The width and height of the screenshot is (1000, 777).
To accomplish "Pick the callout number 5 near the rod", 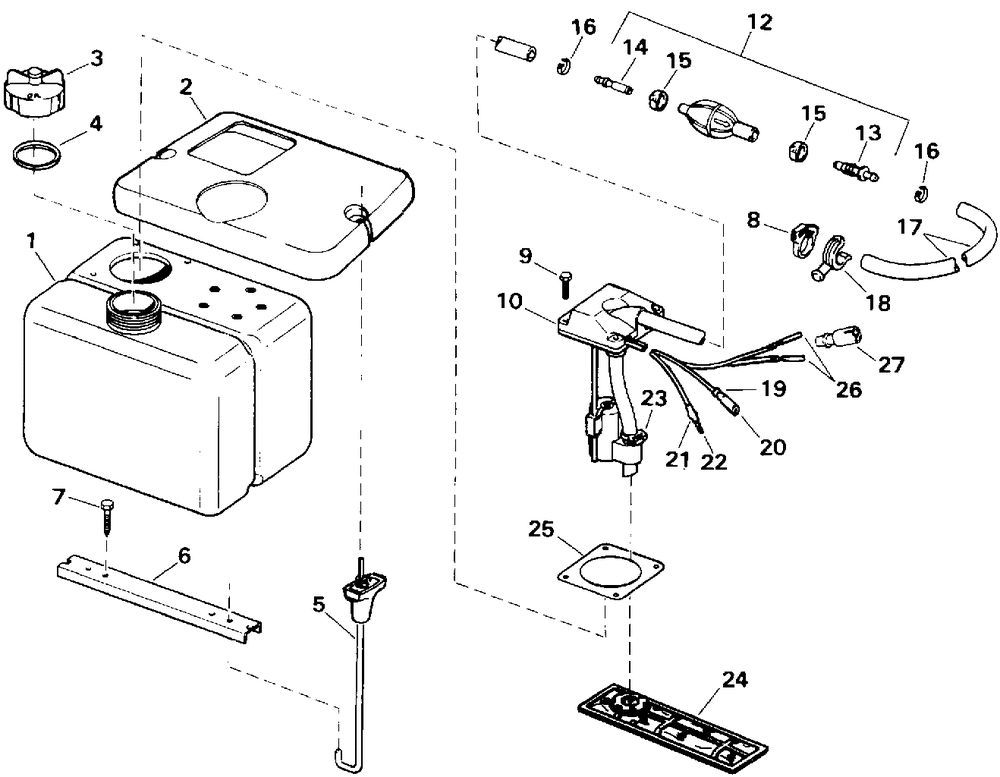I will coord(319,605).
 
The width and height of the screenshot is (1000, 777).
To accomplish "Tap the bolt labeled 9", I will coord(563,283).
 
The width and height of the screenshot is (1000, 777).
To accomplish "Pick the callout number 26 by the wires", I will coord(848,389).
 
